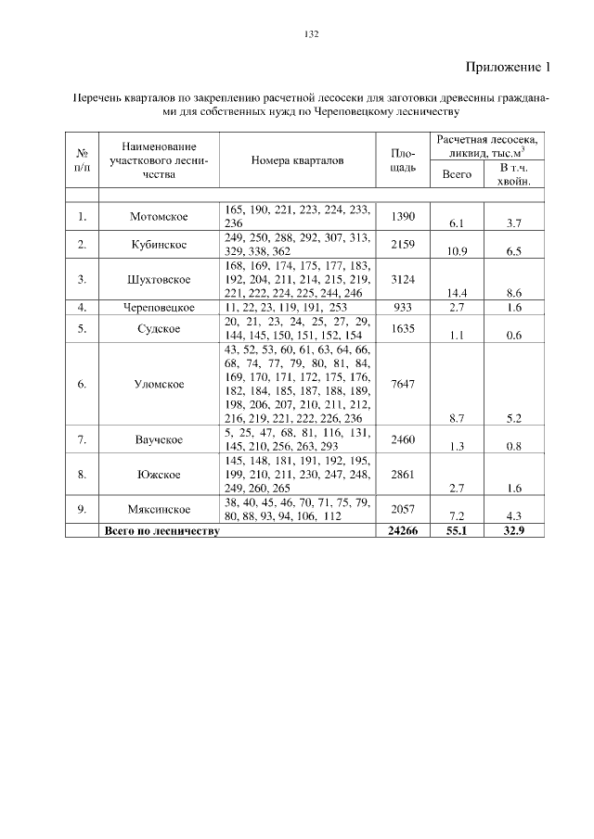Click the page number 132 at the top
[311, 34]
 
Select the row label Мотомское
[159, 217]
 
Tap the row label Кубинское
[159, 245]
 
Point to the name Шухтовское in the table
[159, 279]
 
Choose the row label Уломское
[159, 384]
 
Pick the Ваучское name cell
[159, 439]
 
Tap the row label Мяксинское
[159, 509]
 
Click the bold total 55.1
[456, 531]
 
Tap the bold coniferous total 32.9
[513, 531]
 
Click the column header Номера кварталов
[297, 160]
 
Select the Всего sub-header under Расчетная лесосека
[456, 174]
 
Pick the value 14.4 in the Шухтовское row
[456, 293]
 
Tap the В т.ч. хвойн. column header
[513, 174]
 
